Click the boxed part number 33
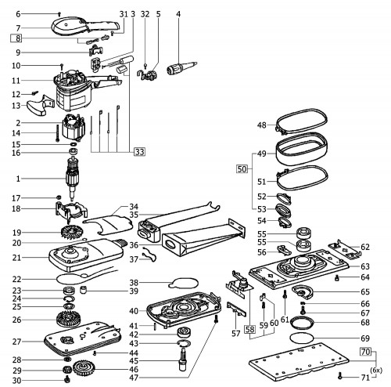139,151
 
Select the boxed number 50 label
242,169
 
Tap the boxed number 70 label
365,352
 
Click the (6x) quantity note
376,371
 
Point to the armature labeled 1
71,179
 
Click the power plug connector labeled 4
181,68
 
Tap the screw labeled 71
339,376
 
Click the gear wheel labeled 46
84,368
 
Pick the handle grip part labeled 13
40,105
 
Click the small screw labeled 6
59,13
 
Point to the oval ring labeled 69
302,338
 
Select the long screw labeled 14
57,133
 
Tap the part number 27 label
16,342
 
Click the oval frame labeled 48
301,121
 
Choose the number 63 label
365,266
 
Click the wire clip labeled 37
149,255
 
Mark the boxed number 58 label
249,330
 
